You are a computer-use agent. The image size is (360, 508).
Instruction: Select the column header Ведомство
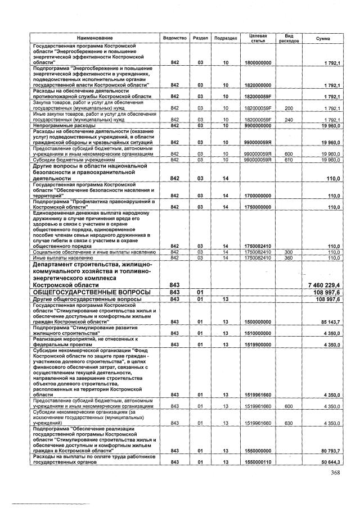[174, 38]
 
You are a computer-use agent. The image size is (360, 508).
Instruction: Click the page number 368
[336, 479]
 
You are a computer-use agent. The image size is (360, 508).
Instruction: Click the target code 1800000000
[258, 63]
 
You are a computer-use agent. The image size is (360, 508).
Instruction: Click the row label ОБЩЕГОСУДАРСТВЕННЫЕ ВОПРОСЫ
[91, 293]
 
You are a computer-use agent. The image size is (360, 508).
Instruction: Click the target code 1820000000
[258, 85]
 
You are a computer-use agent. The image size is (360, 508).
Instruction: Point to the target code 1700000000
[258, 196]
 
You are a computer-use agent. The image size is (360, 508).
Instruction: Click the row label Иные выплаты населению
[61, 257]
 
